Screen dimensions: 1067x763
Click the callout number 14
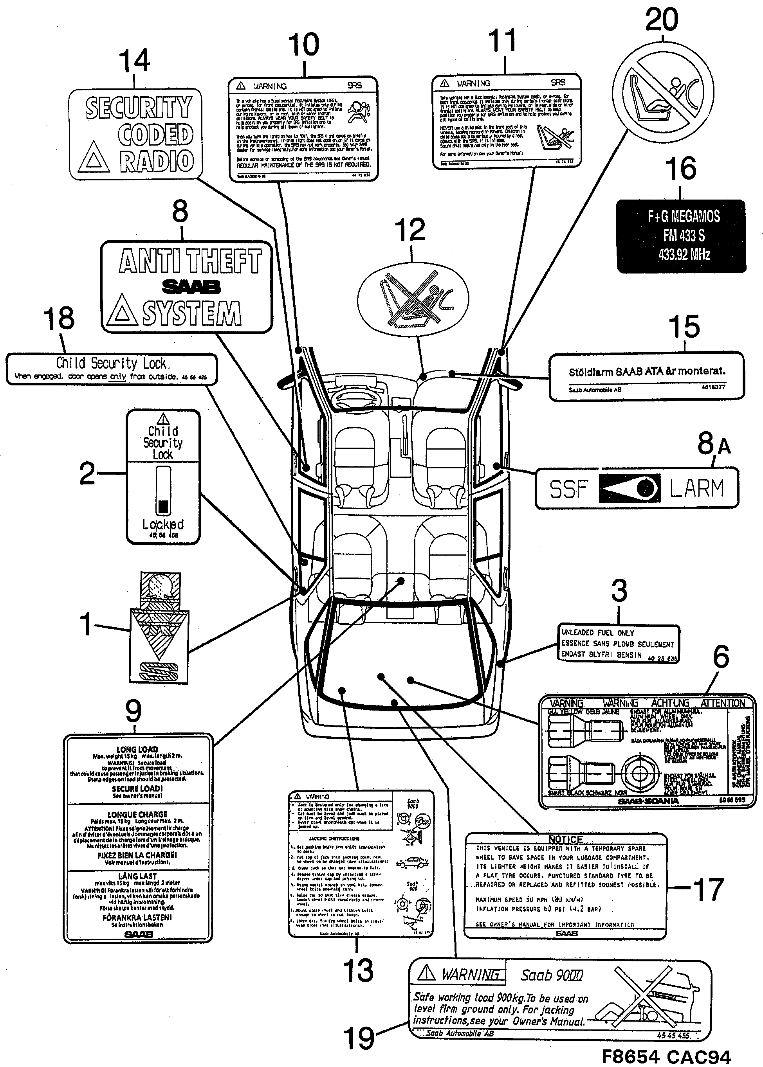134,61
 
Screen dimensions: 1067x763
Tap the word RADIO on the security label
157,161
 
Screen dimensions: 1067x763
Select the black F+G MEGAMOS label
681,236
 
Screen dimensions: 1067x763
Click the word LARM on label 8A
697,488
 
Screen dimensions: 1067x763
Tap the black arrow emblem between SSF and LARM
630,488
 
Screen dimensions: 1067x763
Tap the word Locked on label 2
163,524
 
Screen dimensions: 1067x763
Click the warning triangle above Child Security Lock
162,418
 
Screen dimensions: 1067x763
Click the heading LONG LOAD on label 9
137,750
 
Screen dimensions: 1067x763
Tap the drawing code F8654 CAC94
666,1057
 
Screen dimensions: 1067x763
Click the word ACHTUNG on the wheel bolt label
670,703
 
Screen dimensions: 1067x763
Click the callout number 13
358,970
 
